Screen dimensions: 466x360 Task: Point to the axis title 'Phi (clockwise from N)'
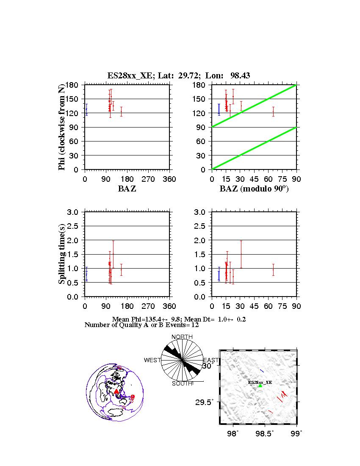point(62,127)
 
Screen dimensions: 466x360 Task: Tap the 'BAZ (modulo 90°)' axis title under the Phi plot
point(254,189)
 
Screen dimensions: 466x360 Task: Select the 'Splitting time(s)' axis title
point(62,254)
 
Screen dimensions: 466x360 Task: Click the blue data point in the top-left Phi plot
point(86,109)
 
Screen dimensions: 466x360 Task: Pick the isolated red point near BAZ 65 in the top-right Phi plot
point(273,111)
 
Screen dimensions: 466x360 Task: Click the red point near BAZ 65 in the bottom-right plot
point(273,269)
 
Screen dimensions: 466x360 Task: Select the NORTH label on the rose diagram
point(182,337)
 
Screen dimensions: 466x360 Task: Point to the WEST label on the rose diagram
point(152,360)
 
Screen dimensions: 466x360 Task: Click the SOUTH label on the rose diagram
point(182,383)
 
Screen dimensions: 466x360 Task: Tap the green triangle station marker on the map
point(260,386)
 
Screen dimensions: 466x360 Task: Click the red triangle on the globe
point(116,391)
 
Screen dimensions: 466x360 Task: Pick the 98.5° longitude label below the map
point(266,434)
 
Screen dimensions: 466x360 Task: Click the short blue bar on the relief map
point(262,371)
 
